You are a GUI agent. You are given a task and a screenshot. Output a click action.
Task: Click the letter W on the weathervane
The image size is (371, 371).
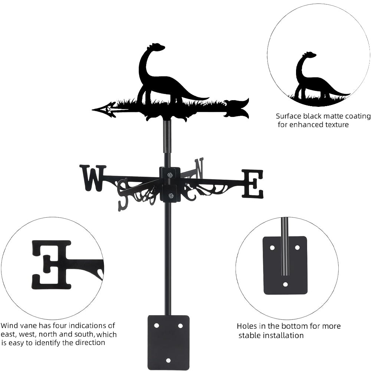[93, 178]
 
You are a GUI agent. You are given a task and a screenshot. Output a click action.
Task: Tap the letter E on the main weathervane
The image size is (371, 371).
[253, 183]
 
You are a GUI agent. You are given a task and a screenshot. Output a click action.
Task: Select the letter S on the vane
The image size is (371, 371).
[123, 193]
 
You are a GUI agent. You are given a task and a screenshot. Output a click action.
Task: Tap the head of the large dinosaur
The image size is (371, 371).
[157, 47]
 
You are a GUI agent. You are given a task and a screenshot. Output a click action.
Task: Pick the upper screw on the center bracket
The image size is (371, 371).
[170, 175]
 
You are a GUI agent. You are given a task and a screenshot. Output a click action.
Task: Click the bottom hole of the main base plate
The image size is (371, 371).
[168, 360]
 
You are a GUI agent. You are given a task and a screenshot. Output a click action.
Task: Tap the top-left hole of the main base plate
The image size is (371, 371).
[157, 325]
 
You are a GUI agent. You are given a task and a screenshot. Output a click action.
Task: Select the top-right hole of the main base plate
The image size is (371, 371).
[180, 325]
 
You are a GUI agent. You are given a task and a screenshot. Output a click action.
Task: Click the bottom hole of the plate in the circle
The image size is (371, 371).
[285, 285]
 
